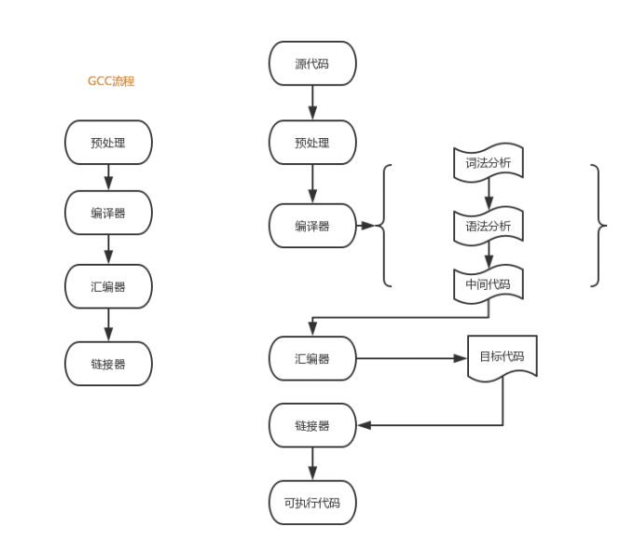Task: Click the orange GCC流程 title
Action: click(112, 81)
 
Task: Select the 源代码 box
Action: click(312, 63)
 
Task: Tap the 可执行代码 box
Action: click(312, 503)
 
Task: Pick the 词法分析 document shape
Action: click(489, 162)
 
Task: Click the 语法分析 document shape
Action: click(489, 226)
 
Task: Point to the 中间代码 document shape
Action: click(489, 283)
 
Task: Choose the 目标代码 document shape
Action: click(503, 357)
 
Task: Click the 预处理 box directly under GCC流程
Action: click(108, 143)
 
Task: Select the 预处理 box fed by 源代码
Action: click(312, 143)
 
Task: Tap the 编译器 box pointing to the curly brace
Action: click(312, 226)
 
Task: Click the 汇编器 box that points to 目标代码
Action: click(312, 358)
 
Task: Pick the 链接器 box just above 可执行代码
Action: click(312, 425)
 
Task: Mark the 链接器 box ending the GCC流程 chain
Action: click(108, 364)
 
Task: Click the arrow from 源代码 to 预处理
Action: click(312, 103)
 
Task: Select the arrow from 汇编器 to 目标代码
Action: click(411, 358)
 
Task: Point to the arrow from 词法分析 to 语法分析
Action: click(489, 194)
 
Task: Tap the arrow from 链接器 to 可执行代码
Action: click(312, 463)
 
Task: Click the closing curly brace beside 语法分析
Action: click(598, 226)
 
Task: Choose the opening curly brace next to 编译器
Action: click(386, 226)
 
